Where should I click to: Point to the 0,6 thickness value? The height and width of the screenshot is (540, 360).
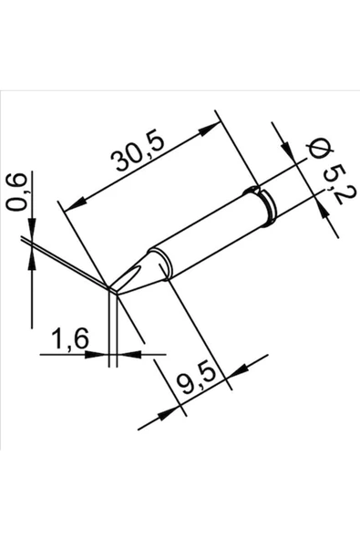coord(15,192)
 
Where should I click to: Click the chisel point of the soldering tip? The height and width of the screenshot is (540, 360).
coord(114,289)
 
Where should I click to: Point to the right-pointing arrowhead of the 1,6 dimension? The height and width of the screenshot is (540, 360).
coord(102,353)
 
